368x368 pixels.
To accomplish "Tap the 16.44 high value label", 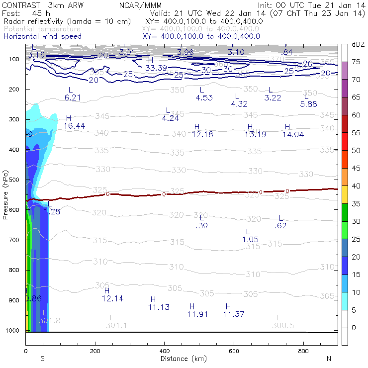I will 75,126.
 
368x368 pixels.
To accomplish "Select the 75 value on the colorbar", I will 356,62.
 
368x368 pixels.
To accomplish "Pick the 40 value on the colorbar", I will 356,185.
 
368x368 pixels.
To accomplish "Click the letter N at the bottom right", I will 328,359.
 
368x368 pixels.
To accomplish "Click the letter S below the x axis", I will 42,359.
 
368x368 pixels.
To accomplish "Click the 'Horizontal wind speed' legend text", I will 43,36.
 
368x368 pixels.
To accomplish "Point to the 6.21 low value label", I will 73,97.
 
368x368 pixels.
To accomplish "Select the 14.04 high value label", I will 293,134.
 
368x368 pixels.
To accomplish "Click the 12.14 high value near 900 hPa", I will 112,298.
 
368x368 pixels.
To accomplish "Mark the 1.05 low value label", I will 250,239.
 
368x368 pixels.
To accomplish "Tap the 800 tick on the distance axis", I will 303,351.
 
